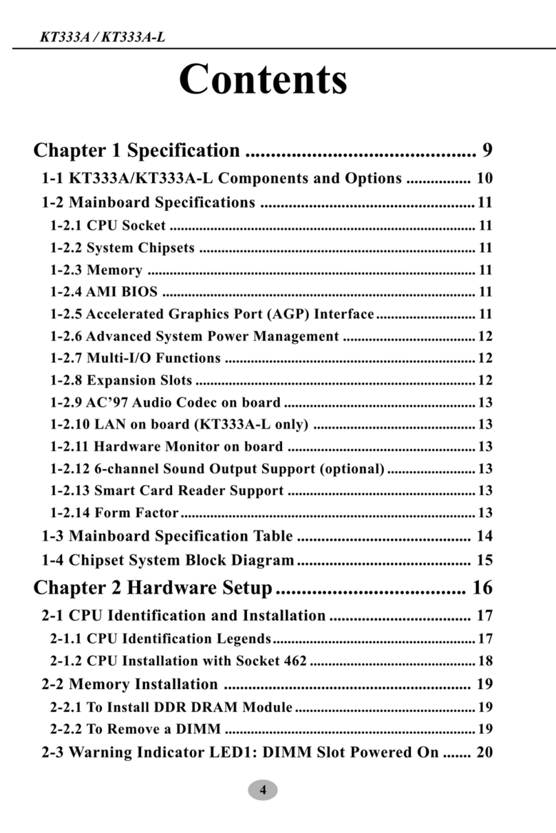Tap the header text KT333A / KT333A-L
coord(103,36)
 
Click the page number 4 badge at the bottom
coord(262,790)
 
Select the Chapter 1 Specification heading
coord(137,150)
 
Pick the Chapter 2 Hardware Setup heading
coord(153,588)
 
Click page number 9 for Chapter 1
coord(486,150)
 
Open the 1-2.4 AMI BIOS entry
coord(104,292)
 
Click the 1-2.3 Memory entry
coord(96,270)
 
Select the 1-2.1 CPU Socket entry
coord(108,226)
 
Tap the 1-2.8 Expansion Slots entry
coord(121,380)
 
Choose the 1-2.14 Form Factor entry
coord(114,512)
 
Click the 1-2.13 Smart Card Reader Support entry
coord(167,490)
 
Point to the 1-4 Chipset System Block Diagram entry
coord(168,560)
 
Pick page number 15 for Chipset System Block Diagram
coord(484,560)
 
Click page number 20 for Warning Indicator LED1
coord(484,752)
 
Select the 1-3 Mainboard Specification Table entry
coord(167,536)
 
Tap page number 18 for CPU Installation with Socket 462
coord(484,662)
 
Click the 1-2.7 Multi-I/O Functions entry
coord(136,358)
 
